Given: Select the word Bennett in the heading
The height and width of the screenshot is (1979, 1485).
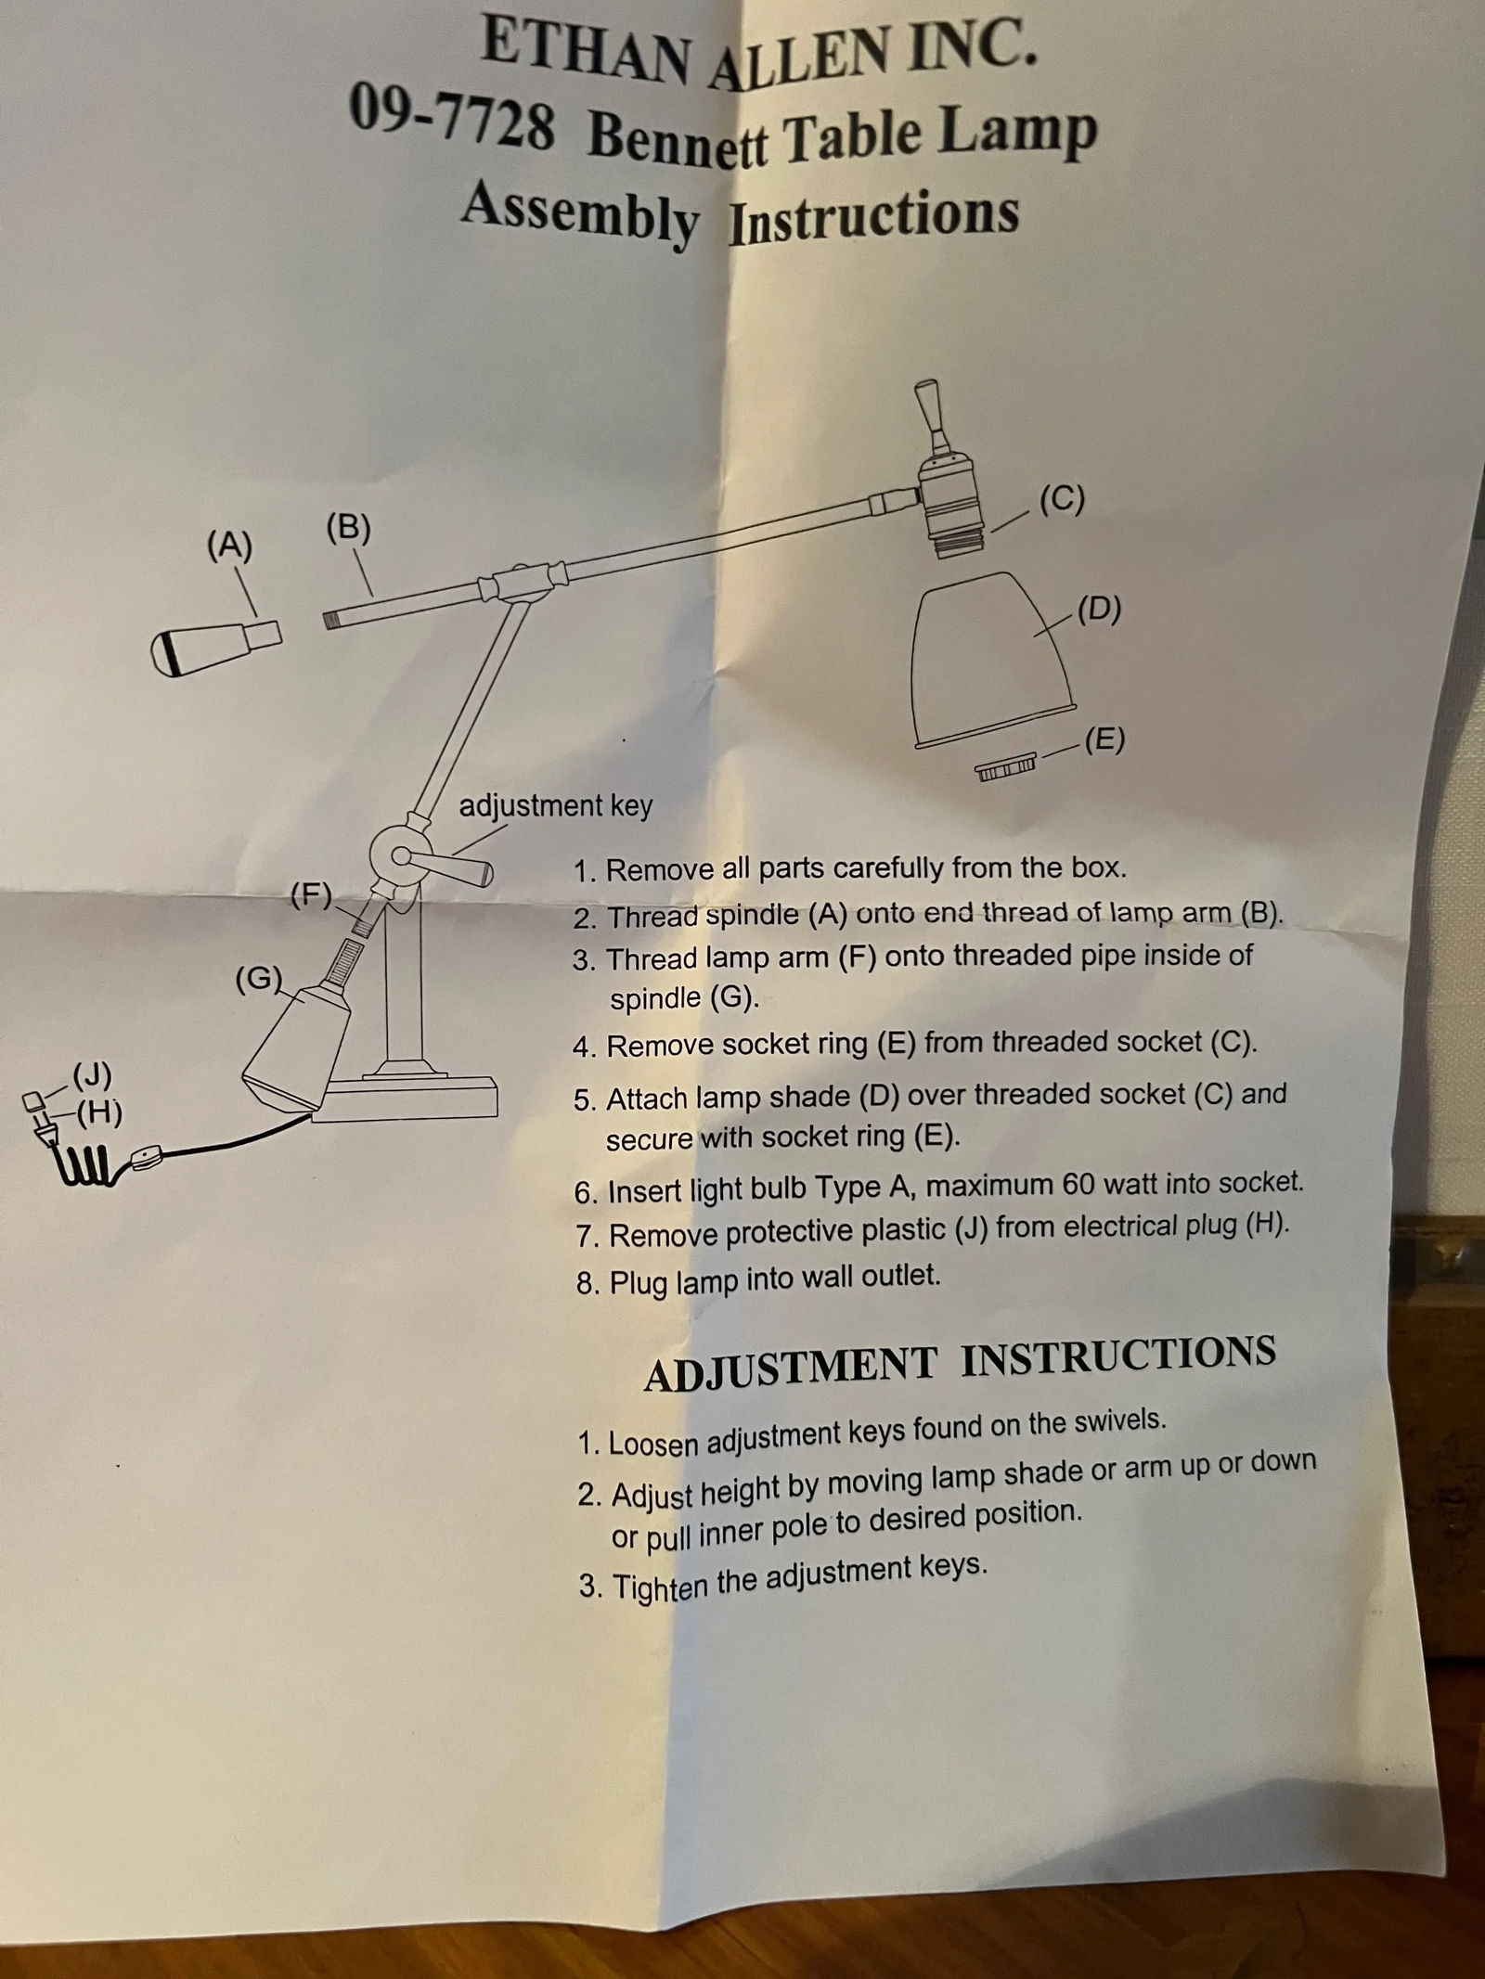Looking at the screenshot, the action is point(678,138).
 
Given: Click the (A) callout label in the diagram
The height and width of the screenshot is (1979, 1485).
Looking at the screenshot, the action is point(229,546).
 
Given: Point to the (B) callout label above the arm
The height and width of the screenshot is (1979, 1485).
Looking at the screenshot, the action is point(348,528).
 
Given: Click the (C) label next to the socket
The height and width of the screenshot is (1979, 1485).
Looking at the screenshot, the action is point(1062,498).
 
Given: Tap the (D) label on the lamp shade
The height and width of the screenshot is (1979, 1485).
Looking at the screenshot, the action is point(1099,609).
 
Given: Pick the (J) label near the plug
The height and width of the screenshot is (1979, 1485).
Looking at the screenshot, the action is point(92,1075).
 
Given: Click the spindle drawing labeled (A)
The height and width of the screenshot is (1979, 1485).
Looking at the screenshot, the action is point(215,647).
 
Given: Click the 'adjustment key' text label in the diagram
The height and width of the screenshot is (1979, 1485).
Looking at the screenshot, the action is point(555,805).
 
